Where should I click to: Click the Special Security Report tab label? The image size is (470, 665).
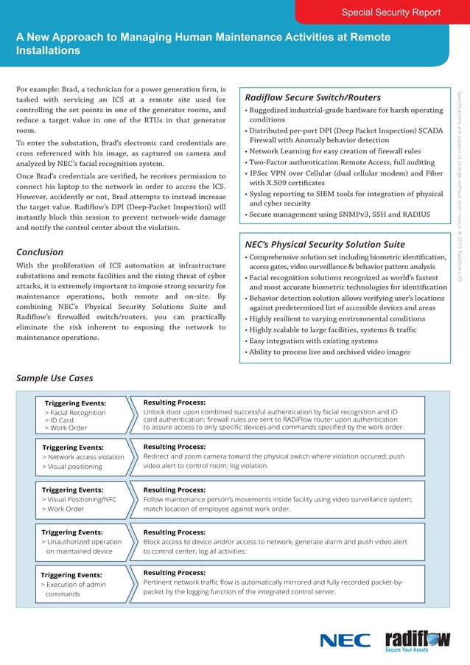390,12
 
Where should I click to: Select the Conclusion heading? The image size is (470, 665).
40,251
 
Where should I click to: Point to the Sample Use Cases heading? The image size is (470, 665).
55,378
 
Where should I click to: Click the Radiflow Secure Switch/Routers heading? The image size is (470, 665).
312,97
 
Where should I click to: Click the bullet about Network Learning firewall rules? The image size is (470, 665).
344,151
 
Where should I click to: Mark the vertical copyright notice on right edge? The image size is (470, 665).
460,184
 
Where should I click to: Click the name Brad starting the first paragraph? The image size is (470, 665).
75,89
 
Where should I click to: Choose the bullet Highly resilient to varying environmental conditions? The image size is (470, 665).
337,318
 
